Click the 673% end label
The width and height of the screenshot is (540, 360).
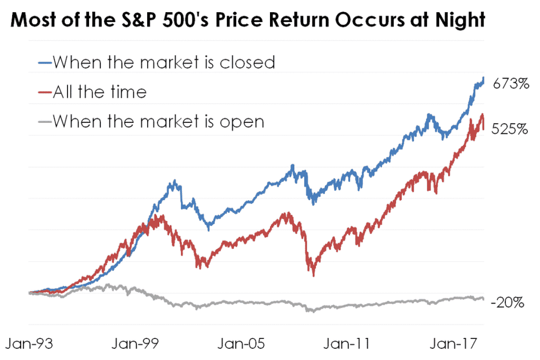[510, 83]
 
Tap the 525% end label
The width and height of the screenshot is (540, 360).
[510, 129]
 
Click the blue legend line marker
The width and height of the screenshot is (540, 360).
[45, 62]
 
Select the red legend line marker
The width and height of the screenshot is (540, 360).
[45, 92]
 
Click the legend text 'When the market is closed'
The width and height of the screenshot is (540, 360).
[164, 62]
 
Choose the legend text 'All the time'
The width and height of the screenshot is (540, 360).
[100, 92]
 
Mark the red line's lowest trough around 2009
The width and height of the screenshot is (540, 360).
[314, 274]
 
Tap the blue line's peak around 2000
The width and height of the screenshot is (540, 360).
[175, 182]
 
